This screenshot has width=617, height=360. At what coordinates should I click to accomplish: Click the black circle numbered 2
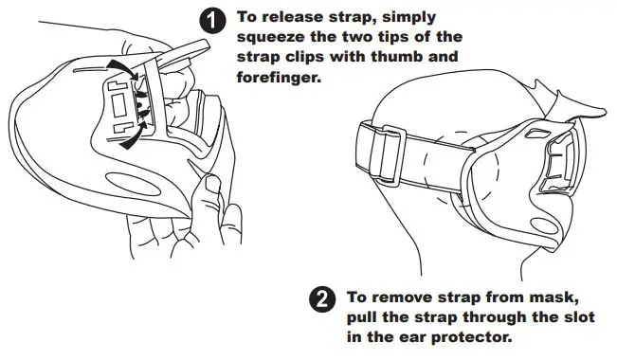(x=323, y=298)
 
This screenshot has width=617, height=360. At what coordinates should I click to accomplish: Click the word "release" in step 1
(x=293, y=17)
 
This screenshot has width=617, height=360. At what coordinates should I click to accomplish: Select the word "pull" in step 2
(x=364, y=317)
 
